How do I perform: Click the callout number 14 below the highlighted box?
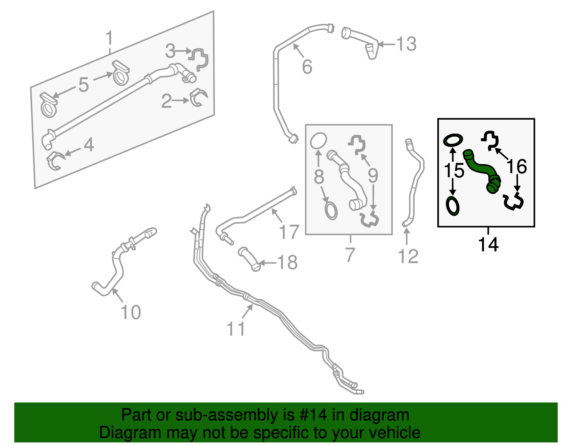(x=488, y=245)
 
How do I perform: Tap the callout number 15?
(x=454, y=170)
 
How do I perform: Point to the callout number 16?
(x=517, y=166)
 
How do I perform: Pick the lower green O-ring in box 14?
(x=453, y=206)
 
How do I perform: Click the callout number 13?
(x=406, y=44)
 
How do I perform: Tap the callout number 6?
(x=307, y=67)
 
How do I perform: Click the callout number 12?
(x=408, y=256)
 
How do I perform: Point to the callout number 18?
(x=287, y=263)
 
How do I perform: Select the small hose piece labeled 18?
(x=249, y=259)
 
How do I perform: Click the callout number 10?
(x=131, y=312)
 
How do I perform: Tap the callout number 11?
(x=236, y=329)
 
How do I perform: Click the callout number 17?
(x=289, y=232)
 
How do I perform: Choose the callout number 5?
(x=83, y=85)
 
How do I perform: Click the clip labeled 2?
(x=199, y=98)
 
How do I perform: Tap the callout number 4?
(x=89, y=145)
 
